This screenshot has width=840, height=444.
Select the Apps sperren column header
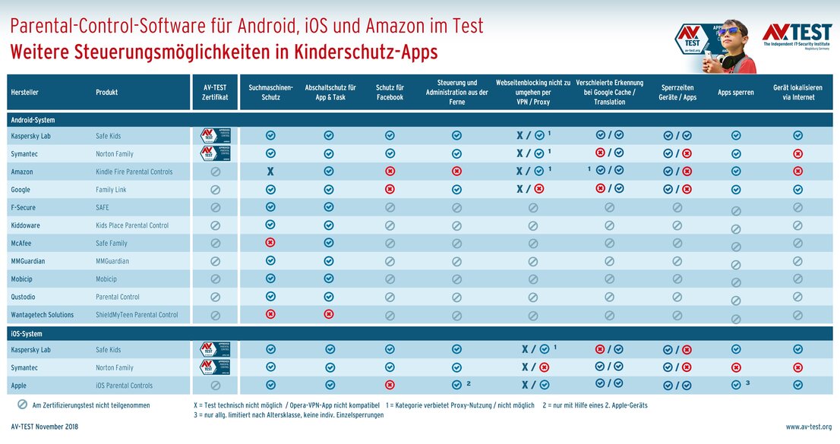(735, 93)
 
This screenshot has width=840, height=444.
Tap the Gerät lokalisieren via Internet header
(797, 93)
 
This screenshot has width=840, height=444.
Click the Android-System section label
(33, 120)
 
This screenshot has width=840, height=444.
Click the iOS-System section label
(27, 334)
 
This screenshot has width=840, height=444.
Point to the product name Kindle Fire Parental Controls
(134, 172)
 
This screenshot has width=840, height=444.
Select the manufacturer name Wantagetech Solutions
(43, 315)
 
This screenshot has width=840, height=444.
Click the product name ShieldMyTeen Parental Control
(137, 315)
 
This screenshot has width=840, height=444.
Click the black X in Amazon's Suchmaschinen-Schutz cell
(270, 172)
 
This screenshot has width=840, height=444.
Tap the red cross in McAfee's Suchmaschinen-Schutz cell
(270, 243)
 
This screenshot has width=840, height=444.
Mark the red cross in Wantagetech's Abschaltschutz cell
(329, 314)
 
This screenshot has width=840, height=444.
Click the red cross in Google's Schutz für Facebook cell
(390, 190)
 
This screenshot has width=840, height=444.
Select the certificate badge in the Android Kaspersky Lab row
(215, 136)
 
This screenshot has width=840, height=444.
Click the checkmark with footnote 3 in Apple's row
(735, 384)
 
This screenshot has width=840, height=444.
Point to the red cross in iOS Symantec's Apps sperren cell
(735, 367)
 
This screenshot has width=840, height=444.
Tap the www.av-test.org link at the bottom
(808, 427)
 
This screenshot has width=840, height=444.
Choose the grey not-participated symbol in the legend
(22, 405)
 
